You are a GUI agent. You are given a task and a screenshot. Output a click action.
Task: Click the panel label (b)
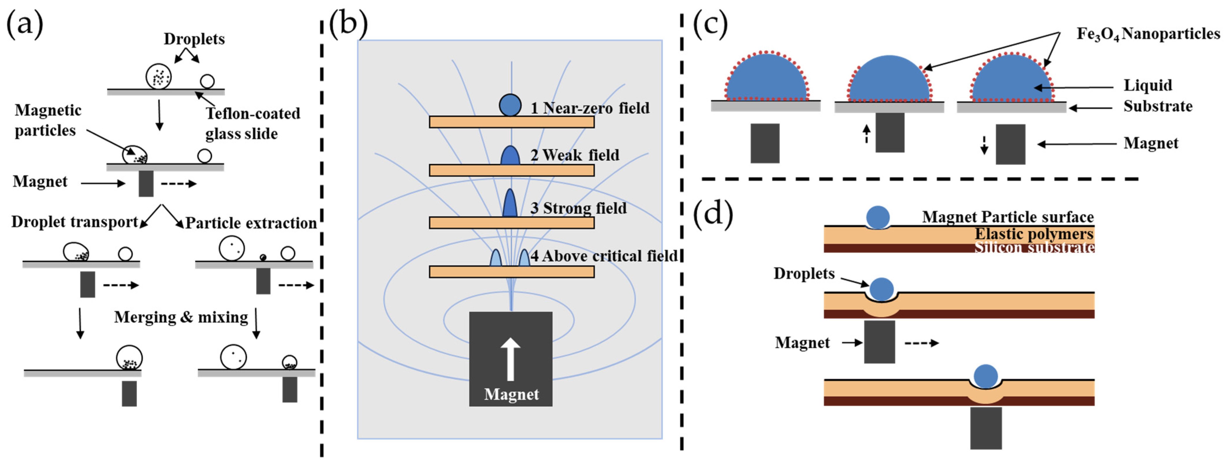pos(349,24)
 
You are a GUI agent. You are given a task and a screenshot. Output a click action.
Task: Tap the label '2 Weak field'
pos(575,155)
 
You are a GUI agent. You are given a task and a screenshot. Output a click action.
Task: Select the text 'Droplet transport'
pos(75,222)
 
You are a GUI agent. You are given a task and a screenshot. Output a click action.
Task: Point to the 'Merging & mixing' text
pos(181,317)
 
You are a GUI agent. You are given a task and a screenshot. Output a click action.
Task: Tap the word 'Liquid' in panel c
pos(1148,86)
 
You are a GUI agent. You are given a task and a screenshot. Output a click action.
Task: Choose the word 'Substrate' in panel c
pos(1158,106)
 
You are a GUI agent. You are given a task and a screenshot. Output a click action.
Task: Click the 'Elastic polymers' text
pos(1034,234)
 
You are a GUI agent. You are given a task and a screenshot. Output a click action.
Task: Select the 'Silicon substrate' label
pos(1034,247)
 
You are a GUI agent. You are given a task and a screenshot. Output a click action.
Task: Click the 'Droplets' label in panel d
pos(804,274)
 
